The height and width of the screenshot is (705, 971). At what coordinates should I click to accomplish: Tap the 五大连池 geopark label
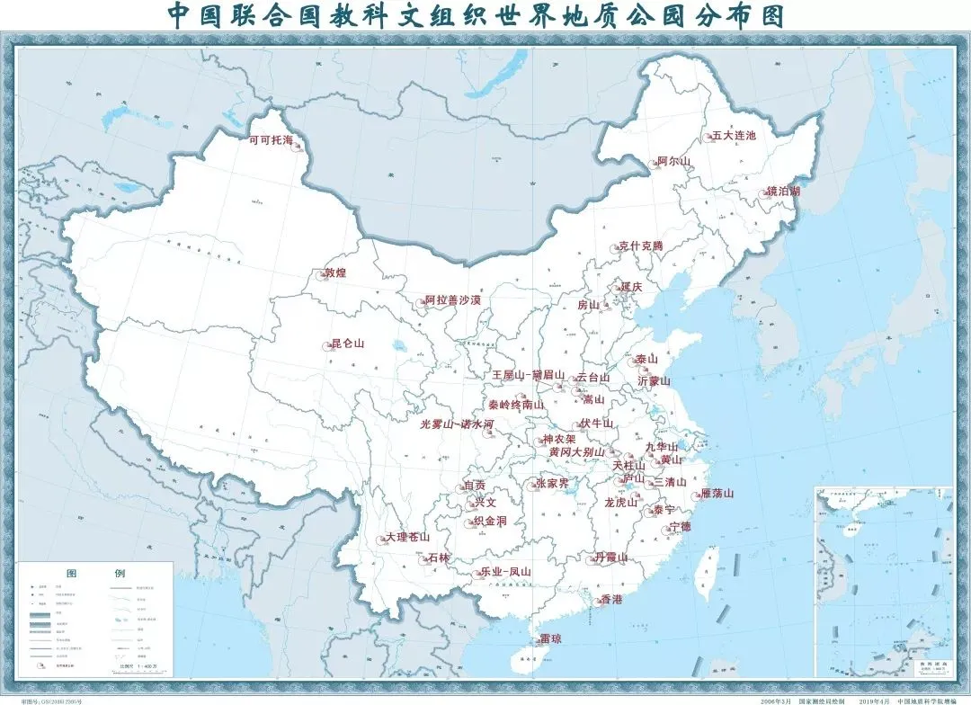point(735,136)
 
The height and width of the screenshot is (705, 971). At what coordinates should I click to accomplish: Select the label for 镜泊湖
point(783,192)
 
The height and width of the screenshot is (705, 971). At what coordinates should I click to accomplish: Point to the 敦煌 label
point(334,272)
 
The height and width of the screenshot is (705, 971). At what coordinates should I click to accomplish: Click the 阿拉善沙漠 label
point(452,299)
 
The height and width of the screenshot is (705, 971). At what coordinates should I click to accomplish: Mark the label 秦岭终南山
point(516,406)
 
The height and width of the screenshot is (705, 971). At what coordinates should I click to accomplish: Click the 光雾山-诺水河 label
point(457,424)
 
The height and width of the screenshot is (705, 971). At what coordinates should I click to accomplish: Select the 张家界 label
point(551,483)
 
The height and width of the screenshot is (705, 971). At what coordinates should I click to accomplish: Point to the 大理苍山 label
point(407,537)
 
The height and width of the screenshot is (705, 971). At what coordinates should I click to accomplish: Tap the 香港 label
point(611,599)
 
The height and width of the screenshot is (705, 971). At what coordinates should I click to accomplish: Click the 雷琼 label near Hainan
point(550,639)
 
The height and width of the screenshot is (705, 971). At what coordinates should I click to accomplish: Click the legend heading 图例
point(95,573)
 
